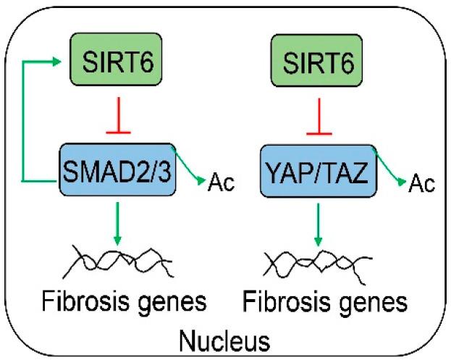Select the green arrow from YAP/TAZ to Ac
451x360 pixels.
pos(387,165)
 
